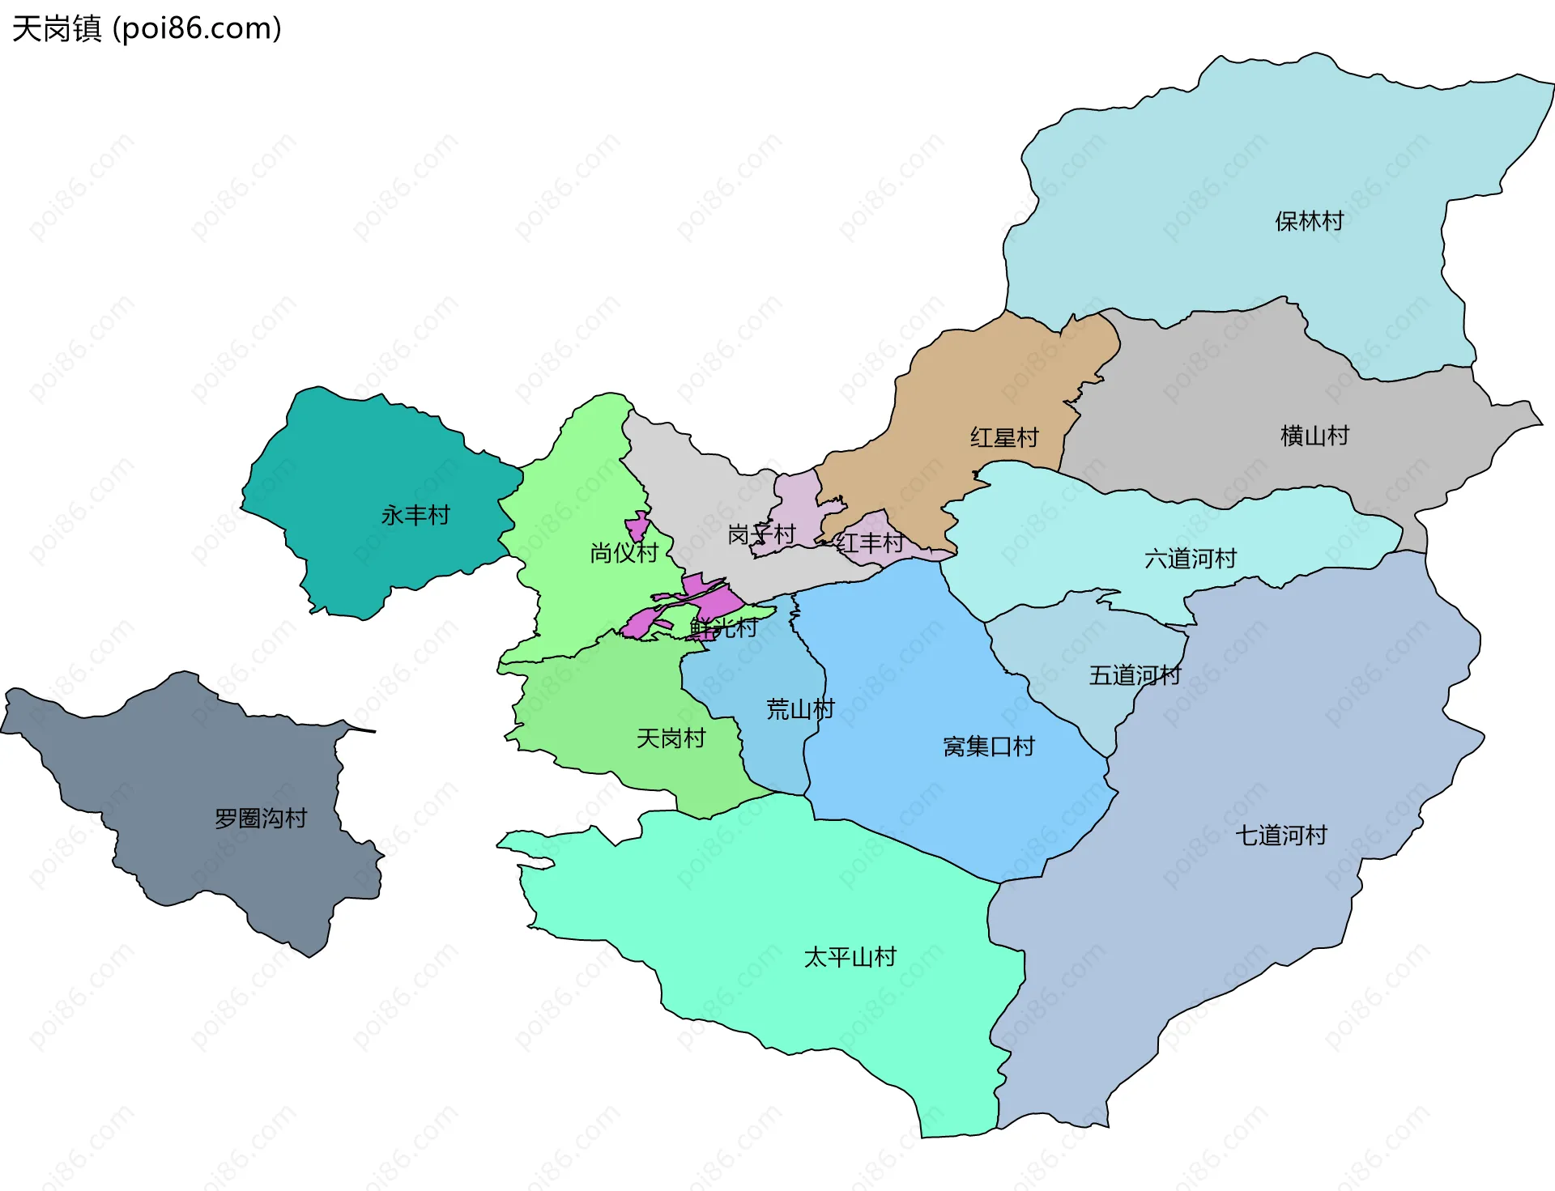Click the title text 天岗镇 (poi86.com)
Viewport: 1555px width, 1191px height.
pos(147,28)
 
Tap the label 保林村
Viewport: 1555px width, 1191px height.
pos(1309,221)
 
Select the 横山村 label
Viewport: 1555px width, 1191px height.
pos(1314,436)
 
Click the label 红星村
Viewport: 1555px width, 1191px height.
pos(1004,437)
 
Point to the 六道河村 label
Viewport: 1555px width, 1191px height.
pos(1190,558)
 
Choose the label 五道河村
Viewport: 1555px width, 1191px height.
pos(1135,674)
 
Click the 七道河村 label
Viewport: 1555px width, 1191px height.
pos(1280,835)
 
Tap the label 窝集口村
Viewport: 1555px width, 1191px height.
pos(988,746)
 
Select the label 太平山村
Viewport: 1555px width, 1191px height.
pos(850,957)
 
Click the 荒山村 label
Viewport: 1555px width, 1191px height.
pos(800,709)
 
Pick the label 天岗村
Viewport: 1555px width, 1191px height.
pos(671,738)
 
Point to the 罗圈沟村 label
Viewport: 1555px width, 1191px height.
pos(261,818)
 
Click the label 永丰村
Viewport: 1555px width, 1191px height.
pos(415,515)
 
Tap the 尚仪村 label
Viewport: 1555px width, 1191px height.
pos(624,552)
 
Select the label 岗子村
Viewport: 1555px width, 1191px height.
pos(761,534)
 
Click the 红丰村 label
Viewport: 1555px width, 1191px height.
pos(869,542)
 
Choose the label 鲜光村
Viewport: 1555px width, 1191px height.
pos(723,627)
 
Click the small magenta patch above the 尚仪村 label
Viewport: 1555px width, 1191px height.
pos(637,526)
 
